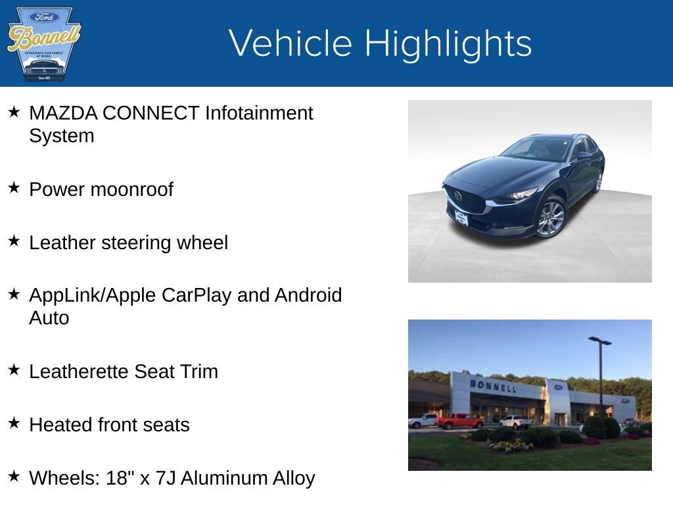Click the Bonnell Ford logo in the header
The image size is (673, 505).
[43, 43]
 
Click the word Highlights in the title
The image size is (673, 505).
[448, 43]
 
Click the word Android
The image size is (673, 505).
[308, 295]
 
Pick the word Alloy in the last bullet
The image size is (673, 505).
[294, 478]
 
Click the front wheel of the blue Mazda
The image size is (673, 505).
[551, 219]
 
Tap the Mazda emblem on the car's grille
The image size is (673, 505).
[457, 196]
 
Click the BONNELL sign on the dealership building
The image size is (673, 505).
[493, 385]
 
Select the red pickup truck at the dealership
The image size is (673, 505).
[459, 421]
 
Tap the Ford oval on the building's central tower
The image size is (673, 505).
[558, 387]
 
